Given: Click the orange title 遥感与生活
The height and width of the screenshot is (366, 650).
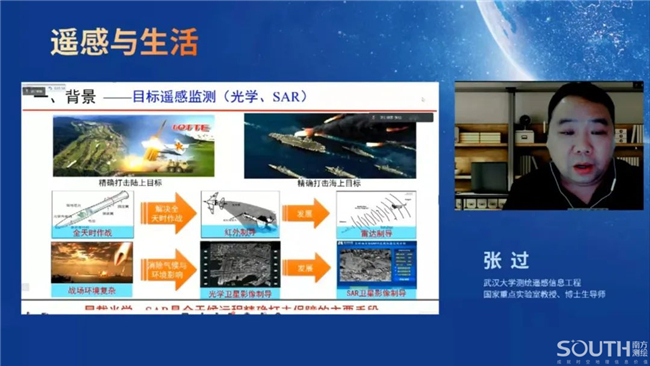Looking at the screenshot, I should click(x=124, y=42).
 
